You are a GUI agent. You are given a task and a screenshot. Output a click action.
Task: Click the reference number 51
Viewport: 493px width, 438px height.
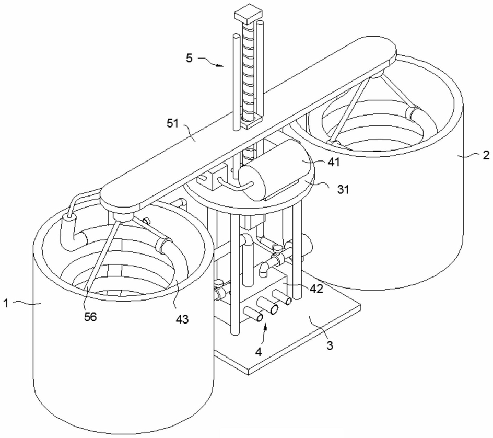[173, 123]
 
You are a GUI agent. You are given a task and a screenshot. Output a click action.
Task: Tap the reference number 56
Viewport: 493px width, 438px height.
[90, 317]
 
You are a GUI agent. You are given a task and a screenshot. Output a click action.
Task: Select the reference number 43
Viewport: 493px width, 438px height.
[182, 319]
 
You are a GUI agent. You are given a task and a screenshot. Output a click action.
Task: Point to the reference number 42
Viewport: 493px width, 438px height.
[316, 289]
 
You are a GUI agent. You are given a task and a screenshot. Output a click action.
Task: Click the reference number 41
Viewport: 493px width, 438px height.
[334, 162]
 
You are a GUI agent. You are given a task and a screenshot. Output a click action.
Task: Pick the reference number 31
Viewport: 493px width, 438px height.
[343, 190]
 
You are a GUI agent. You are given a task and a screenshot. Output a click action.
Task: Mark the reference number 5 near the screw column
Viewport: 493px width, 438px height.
[189, 58]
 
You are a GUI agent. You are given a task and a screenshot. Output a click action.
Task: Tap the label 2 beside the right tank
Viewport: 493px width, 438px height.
[486, 155]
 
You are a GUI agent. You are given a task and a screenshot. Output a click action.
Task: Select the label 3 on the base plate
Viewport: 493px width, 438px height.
[330, 345]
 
